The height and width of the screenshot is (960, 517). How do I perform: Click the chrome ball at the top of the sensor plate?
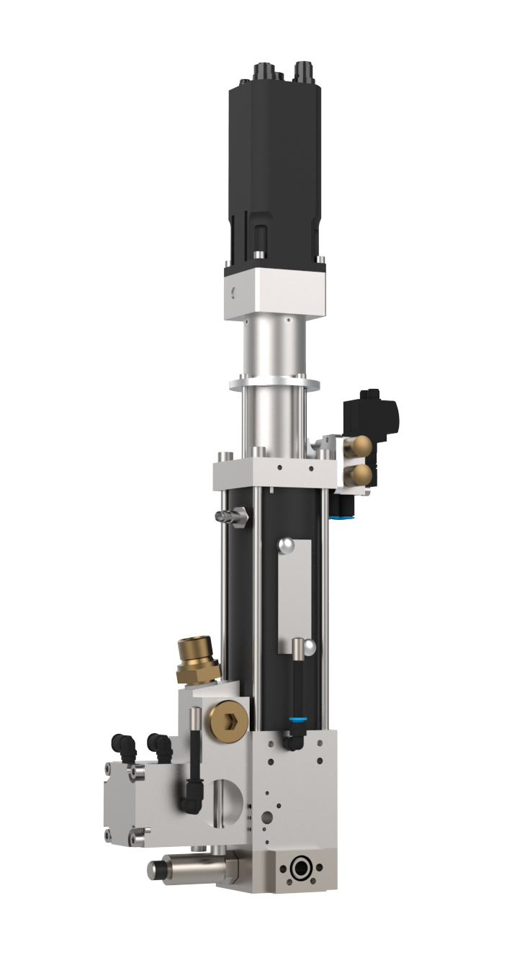coord(287,545)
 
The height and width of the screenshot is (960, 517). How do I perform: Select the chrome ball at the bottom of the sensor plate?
coord(308,647)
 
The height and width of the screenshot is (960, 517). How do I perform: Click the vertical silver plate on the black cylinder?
coord(295,591)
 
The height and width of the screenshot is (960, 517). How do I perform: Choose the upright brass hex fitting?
coord(197,659)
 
